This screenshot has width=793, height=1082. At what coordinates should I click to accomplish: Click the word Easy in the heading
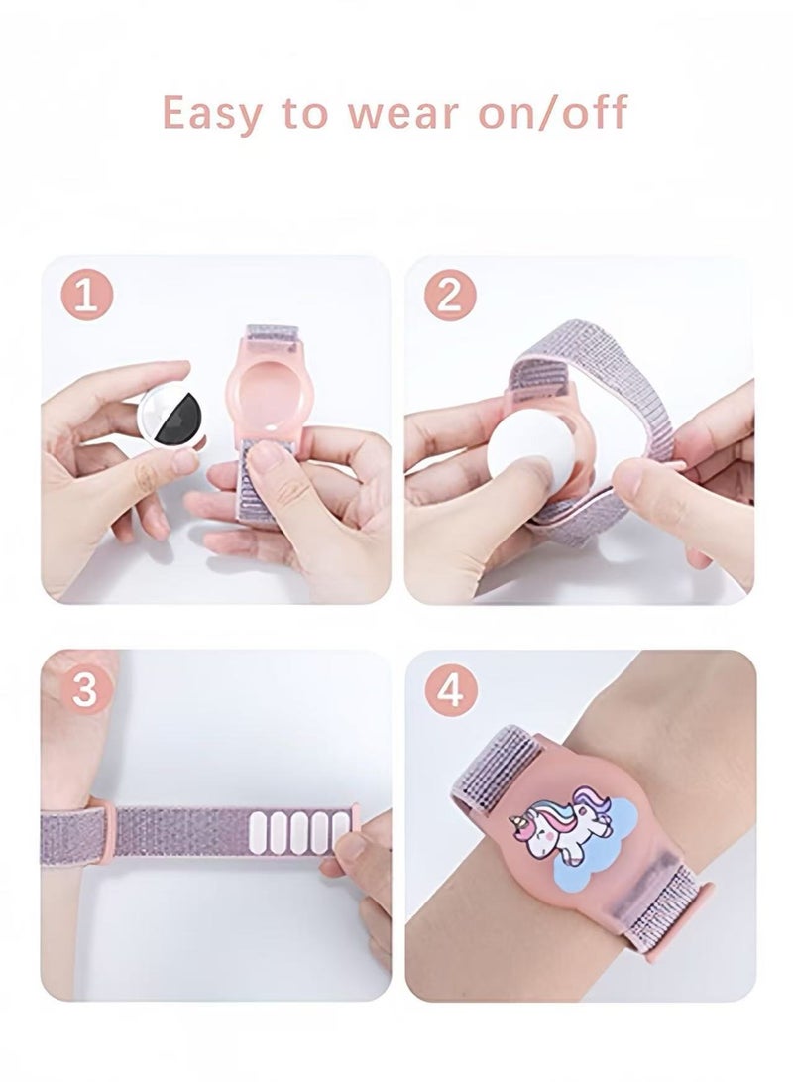pos(212,113)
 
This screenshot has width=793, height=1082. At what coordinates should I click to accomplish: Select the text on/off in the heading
pos(552,112)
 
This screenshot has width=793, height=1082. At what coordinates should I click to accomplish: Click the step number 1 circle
pos(87,297)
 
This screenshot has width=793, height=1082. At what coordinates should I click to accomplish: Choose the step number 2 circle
pos(450,297)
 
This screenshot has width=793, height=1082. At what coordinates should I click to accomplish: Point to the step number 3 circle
pos(85,690)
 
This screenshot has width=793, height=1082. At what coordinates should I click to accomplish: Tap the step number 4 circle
pos(450,690)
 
